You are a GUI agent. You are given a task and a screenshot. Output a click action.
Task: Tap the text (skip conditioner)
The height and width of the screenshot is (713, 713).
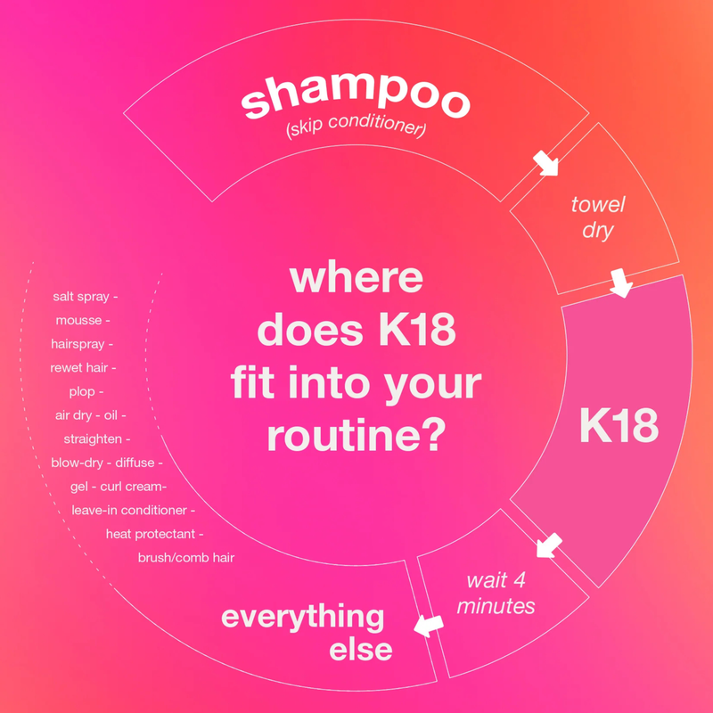356,130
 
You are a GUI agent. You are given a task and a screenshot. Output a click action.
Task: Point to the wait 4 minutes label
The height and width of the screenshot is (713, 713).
500,594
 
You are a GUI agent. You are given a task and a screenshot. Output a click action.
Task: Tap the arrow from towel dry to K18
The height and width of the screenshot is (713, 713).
620,283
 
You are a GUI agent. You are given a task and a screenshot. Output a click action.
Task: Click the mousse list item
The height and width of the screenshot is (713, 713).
82,320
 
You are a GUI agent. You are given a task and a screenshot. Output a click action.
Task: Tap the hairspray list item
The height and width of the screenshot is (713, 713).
81,343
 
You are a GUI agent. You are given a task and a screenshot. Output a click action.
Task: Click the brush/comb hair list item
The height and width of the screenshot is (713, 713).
185,558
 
